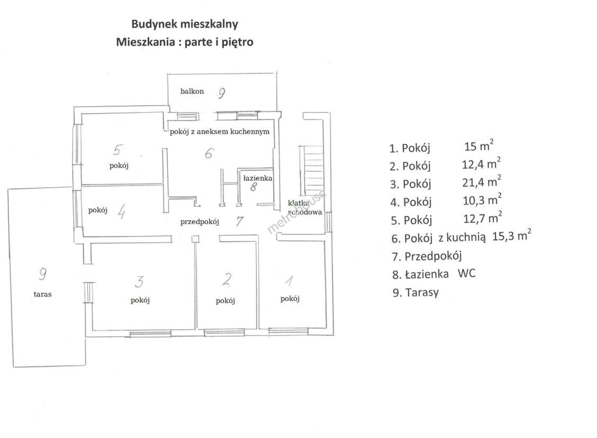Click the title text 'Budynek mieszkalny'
pyautogui.click(x=185, y=24)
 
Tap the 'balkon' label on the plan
pyautogui.click(x=192, y=91)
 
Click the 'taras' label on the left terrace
pyautogui.click(x=43, y=294)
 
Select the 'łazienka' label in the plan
pyautogui.click(x=258, y=178)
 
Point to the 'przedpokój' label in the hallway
pyautogui.click(x=200, y=222)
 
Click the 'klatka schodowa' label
pyautogui.click(x=305, y=208)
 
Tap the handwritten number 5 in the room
pyautogui.click(x=117, y=150)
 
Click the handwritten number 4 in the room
pyautogui.click(x=121, y=211)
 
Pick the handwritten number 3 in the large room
pyautogui.click(x=140, y=281)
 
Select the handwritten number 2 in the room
pyautogui.click(x=227, y=279)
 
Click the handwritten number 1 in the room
pyautogui.click(x=290, y=280)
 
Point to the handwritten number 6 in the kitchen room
pyautogui.click(x=209, y=153)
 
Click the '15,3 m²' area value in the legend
pyautogui.click(x=511, y=236)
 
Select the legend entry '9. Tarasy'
pyautogui.click(x=416, y=292)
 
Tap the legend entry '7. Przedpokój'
pyautogui.click(x=427, y=256)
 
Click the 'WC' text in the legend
pyautogui.click(x=466, y=273)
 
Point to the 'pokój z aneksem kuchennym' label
pyautogui.click(x=219, y=132)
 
